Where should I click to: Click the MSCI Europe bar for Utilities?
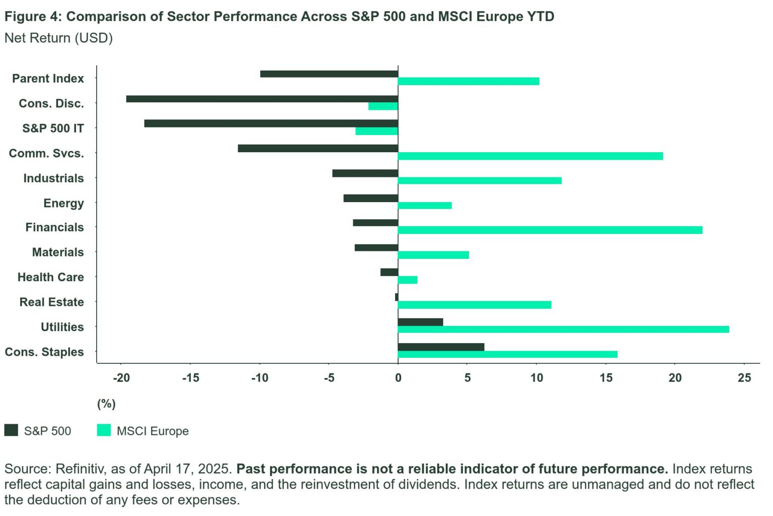563,330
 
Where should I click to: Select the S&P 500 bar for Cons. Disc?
262,99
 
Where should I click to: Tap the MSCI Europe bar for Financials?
550,230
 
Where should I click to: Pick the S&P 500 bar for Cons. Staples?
441,347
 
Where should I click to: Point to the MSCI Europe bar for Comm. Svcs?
530,156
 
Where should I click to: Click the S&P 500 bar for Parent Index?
329,74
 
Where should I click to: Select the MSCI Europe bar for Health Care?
408,280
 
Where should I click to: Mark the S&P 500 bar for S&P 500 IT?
271,123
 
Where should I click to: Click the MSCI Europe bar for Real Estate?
475,305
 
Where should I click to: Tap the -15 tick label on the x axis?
190,378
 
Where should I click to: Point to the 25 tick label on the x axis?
744,378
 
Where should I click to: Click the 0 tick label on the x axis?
398,378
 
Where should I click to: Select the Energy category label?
63,203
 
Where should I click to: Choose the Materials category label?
58,252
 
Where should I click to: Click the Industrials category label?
53,178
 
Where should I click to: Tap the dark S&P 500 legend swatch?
11,430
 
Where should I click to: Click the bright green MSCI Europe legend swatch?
104,430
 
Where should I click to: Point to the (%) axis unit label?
106,404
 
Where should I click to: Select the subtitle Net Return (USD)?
58,38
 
